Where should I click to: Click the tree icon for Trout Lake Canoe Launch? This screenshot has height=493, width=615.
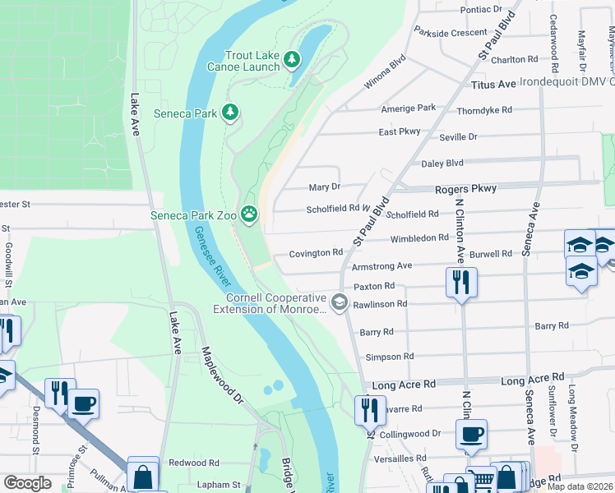[x=292, y=59]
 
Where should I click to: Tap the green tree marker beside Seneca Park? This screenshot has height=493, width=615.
[x=231, y=112]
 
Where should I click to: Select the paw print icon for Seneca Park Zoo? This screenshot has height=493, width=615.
[x=249, y=216]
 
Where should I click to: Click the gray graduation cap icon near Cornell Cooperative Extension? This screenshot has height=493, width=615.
[x=338, y=303]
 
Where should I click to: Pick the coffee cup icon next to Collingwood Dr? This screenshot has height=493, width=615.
[x=471, y=434]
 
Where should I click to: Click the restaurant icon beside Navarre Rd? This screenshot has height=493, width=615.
[x=370, y=409]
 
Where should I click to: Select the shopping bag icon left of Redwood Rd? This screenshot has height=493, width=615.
[x=143, y=474]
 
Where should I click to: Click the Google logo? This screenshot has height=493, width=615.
[x=27, y=483]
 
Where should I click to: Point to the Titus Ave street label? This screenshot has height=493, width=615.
[x=493, y=85]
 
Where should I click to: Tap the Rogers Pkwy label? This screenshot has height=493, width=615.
[x=466, y=188]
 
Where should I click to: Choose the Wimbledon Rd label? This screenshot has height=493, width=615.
[x=419, y=237]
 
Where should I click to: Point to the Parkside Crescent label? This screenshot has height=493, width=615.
[x=451, y=33]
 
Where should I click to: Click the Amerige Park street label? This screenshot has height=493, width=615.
[x=408, y=108]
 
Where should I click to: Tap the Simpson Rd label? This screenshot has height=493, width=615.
[x=389, y=357]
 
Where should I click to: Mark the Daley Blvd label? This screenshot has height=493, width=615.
[x=442, y=164]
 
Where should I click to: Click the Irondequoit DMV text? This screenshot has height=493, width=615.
[x=568, y=82]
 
